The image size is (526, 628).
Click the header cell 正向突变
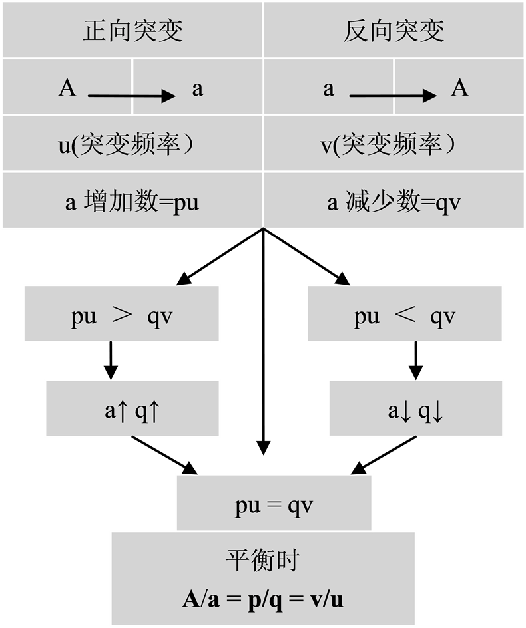coord(132,31)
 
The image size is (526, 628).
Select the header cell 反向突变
coord(394,31)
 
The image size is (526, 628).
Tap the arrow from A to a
coord(131,96)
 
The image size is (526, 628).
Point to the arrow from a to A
coord(393,96)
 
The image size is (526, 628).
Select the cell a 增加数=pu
coord(132,201)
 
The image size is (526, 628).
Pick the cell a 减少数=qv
coord(394,201)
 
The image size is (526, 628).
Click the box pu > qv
coord(122,315)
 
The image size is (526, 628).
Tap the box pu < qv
coord(404,315)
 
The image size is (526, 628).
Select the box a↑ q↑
coord(132,409)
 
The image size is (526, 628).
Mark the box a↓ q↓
coord(415,409)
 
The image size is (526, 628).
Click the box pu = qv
coord(274,503)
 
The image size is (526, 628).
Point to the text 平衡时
coord(262,560)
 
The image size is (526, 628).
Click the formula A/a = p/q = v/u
coord(263,599)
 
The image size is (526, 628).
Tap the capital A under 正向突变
coord(67,88)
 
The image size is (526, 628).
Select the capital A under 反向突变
coord(459,88)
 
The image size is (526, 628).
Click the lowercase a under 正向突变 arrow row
coord(197,89)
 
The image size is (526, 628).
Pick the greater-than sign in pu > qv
coord(123,315)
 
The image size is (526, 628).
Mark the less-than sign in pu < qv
coord(405,315)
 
